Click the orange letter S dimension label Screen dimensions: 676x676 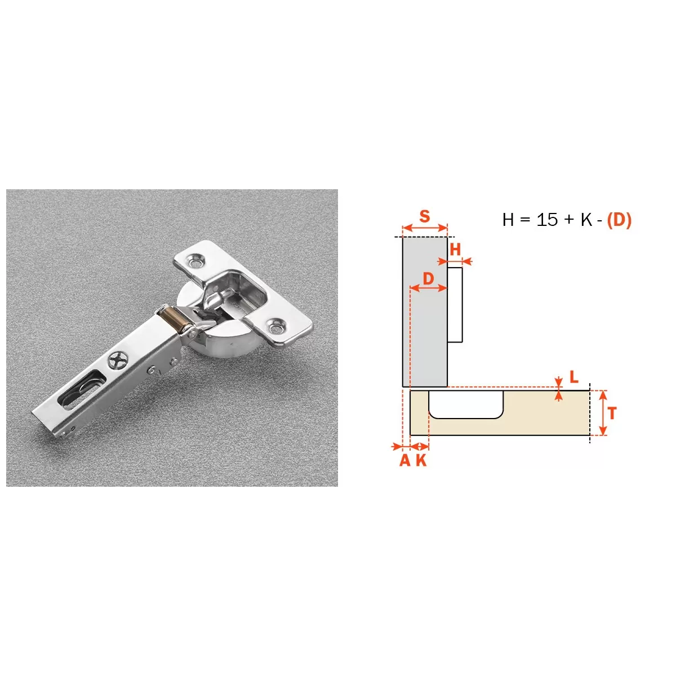425,216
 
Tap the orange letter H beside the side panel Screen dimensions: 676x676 455,250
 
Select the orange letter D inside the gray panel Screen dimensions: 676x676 428,279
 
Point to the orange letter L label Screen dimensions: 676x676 574,377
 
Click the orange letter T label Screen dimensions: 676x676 612,413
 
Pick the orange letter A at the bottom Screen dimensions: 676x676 405,460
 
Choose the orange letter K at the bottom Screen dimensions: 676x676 421,460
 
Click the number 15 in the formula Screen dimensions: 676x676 547,220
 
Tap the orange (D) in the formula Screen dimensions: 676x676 619,220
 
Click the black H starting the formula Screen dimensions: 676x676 508,220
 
